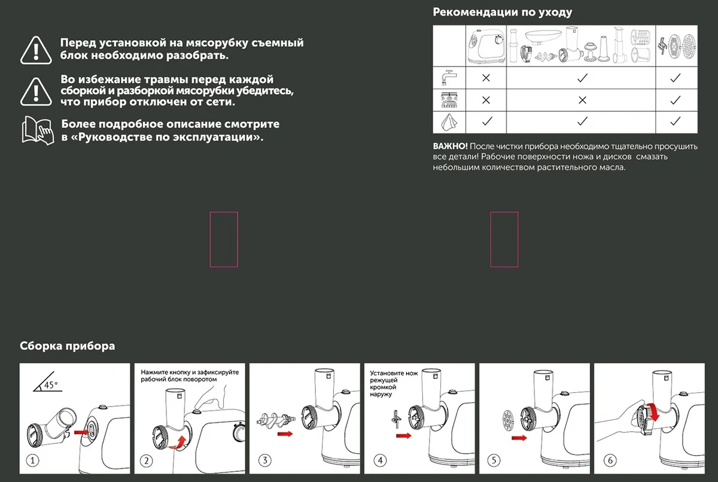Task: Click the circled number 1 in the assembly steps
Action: pyautogui.click(x=32, y=461)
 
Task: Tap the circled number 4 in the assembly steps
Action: pyautogui.click(x=380, y=460)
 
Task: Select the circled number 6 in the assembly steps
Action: pyautogui.click(x=610, y=460)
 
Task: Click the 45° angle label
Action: pyautogui.click(x=51, y=384)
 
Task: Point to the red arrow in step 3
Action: pyautogui.click(x=285, y=434)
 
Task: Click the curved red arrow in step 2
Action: pyautogui.click(x=178, y=443)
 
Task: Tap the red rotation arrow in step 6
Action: pyautogui.click(x=653, y=413)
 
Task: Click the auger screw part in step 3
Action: pyautogui.click(x=276, y=419)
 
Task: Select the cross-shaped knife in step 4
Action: pyautogui.click(x=396, y=419)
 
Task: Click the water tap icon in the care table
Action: pyautogui.click(x=449, y=77)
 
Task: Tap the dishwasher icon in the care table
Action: pyautogui.click(x=449, y=100)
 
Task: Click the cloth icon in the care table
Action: pyautogui.click(x=449, y=122)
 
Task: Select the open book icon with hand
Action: pyautogui.click(x=38, y=131)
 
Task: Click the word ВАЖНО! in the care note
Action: pyautogui.click(x=450, y=146)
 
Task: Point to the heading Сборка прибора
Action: pyautogui.click(x=67, y=346)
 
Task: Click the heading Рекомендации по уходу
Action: pyautogui.click(x=502, y=12)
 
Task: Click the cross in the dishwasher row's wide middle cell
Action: pyautogui.click(x=582, y=100)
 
